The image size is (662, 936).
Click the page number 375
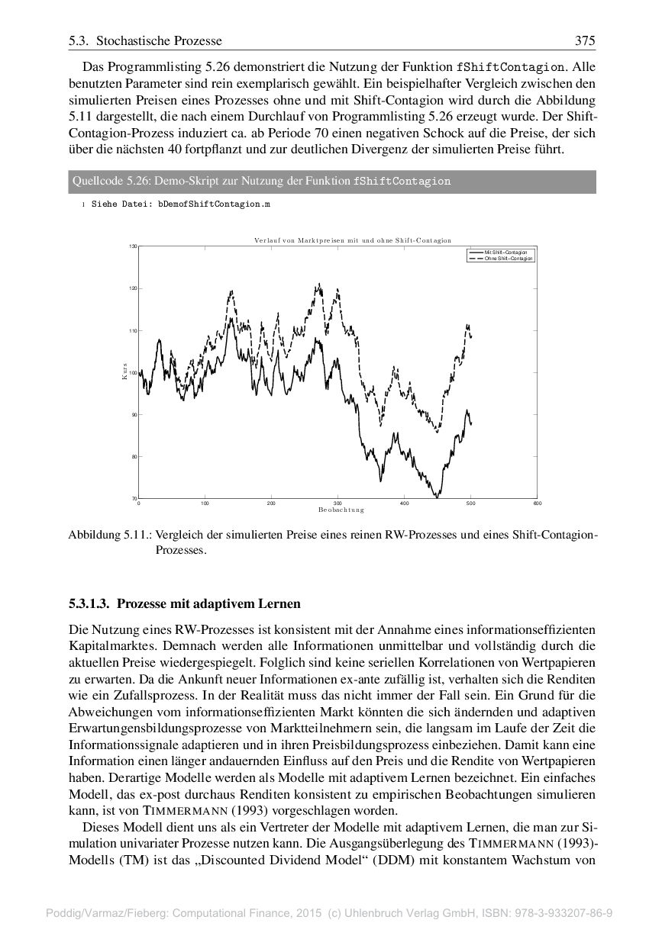pyautogui.click(x=585, y=40)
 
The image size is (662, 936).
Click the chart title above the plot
pyautogui.click(x=353, y=240)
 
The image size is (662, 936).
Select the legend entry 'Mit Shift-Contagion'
pyautogui.click(x=505, y=252)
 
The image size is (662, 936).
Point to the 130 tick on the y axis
pyautogui.click(x=133, y=246)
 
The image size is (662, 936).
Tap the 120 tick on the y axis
pyautogui.click(x=133, y=288)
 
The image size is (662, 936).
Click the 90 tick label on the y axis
pyautogui.click(x=134, y=414)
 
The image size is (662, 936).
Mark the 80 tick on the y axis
pyautogui.click(x=134, y=456)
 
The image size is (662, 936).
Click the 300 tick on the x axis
pyautogui.click(x=337, y=503)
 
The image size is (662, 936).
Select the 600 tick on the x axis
pyautogui.click(x=537, y=503)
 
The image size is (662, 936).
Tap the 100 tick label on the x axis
pyautogui.click(x=205, y=503)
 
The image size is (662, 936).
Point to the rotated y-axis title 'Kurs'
pyautogui.click(x=123, y=372)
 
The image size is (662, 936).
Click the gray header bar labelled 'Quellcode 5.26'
pyautogui.click(x=331, y=182)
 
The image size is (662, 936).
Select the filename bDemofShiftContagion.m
pyautogui.click(x=214, y=204)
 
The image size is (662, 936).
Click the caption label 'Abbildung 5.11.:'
pyautogui.click(x=109, y=535)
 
